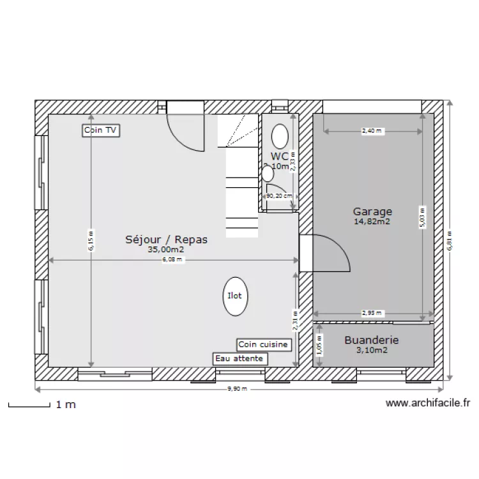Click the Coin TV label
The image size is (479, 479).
(x=102, y=130)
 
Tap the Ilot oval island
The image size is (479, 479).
(x=234, y=296)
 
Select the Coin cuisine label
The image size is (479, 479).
(x=264, y=345)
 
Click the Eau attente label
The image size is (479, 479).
(x=240, y=359)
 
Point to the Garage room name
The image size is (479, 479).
(x=372, y=211)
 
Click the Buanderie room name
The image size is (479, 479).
(x=371, y=340)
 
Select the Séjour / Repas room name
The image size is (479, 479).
(x=166, y=240)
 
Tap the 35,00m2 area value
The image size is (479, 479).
(x=166, y=250)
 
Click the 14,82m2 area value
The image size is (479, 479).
(x=372, y=222)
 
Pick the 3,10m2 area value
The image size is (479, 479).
(x=371, y=350)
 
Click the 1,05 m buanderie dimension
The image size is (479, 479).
(x=319, y=346)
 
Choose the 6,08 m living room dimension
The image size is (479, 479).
(x=172, y=260)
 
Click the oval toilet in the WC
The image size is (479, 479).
(x=280, y=136)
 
